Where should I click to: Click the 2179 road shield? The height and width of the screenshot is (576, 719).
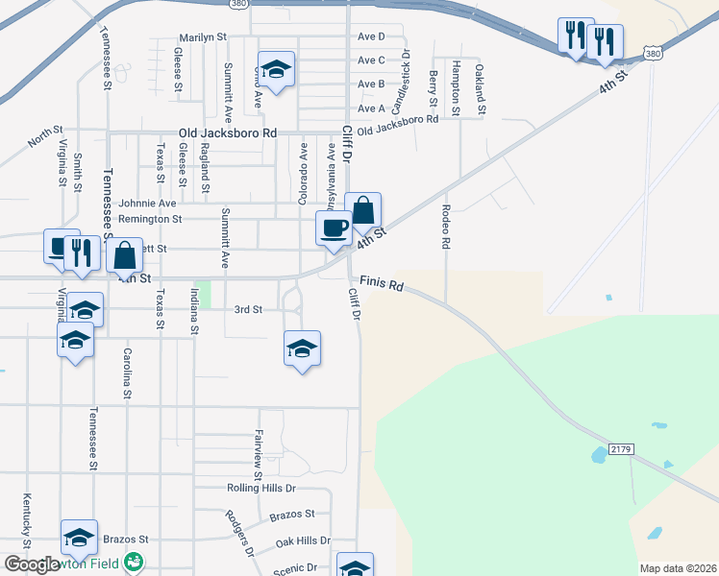point(619,449)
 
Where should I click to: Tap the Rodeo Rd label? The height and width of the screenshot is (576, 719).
point(446,227)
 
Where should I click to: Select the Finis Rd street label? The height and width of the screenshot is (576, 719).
point(382,284)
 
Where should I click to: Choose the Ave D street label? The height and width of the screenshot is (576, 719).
point(370,36)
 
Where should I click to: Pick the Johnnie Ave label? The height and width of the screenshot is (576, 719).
point(147,204)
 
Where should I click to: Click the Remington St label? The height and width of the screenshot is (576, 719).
point(150,219)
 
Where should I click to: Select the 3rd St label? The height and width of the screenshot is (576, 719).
point(248,309)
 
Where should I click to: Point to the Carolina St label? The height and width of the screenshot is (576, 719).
point(126,372)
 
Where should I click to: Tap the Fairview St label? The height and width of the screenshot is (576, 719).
point(258,455)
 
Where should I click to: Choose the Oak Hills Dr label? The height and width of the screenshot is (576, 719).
point(303,541)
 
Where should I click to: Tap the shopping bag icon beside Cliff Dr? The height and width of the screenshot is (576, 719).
point(363,210)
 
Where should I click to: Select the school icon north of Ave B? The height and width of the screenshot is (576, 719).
point(276,69)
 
